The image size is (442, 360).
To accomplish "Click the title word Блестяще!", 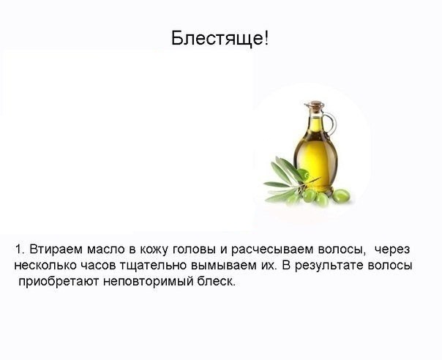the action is (220, 38).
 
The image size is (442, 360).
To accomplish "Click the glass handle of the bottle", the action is (329, 123).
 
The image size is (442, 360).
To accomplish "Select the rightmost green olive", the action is (341, 196).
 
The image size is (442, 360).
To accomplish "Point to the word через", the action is (392, 250).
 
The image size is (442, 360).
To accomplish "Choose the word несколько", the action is (45, 266).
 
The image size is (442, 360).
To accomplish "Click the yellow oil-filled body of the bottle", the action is (315, 158).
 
